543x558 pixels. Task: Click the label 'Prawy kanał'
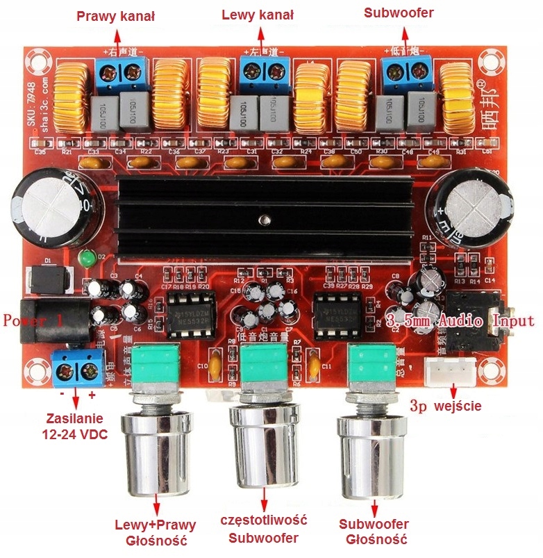point(116,15)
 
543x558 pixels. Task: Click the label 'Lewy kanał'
point(258,15)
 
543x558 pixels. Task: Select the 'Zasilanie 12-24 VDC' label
point(74,425)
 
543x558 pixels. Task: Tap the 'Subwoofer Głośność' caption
point(374,532)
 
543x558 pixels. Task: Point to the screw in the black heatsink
point(263,221)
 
